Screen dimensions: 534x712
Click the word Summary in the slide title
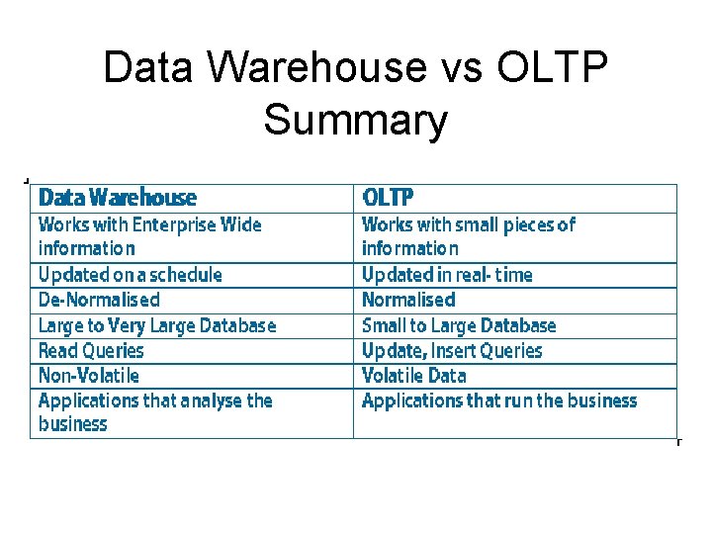pos(355,122)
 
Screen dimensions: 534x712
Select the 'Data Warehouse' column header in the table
pos(118,198)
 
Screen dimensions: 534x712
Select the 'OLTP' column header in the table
pos(389,198)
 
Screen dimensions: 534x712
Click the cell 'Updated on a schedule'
pos(130,275)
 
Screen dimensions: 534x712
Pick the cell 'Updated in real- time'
pos(447,275)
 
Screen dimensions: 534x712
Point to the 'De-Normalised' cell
pos(99,300)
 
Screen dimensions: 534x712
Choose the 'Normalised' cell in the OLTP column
pos(408,300)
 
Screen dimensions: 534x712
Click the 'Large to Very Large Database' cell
pos(157,325)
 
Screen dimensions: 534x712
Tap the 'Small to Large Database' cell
pos(459,325)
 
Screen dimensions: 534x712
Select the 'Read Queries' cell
pos(91,350)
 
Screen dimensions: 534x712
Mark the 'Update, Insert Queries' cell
pos(452,350)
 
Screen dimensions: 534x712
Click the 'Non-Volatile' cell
pos(89,376)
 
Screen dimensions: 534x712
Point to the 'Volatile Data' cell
pos(413,376)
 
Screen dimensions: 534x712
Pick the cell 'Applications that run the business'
pos(499,400)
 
